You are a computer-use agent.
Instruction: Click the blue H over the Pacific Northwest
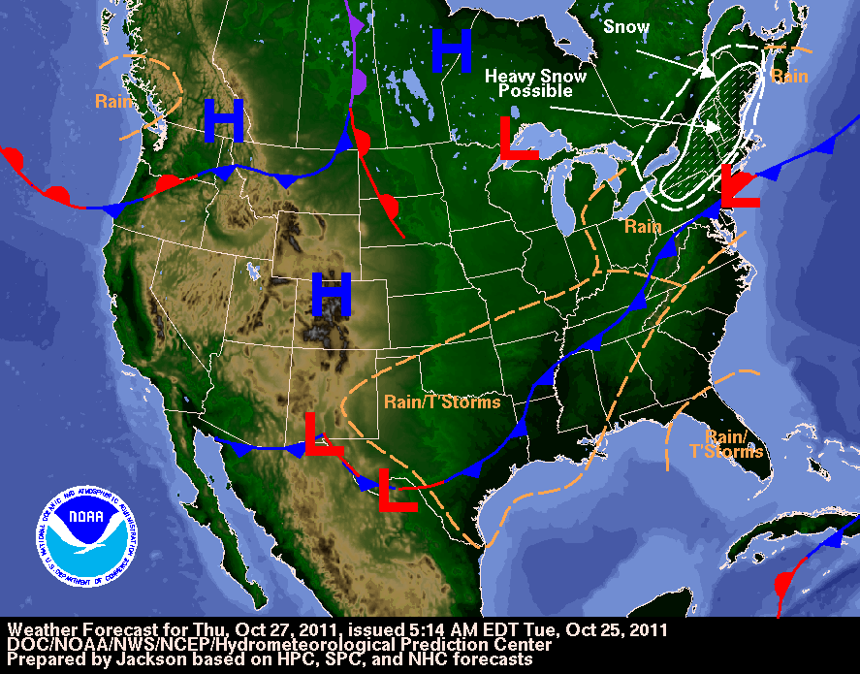[223, 122]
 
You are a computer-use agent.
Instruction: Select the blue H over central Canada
[451, 48]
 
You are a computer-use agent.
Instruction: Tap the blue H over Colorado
[331, 294]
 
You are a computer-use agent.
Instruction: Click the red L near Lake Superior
[518, 140]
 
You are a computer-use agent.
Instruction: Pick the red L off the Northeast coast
[740, 185]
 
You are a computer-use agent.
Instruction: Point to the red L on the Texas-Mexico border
[398, 491]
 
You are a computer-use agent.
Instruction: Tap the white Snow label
[626, 26]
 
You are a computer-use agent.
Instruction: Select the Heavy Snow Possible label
[529, 83]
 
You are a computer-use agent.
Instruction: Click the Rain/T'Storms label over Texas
[442, 401]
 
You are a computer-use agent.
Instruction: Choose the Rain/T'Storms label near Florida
[734, 444]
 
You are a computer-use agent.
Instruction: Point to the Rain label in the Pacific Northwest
[114, 100]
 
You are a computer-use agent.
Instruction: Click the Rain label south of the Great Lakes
[643, 227]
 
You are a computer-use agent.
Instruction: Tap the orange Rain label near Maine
[789, 77]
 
